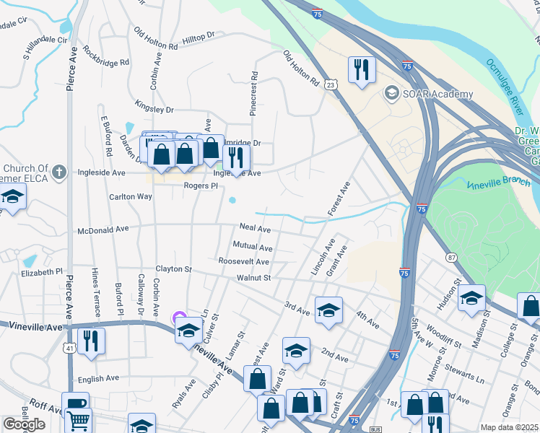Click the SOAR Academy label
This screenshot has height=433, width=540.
click(x=438, y=94)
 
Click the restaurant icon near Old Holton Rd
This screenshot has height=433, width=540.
click(x=360, y=70)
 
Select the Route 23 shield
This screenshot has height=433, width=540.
click(x=331, y=85)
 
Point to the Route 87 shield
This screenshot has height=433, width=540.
click(x=451, y=258)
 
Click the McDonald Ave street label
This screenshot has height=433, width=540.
click(x=103, y=229)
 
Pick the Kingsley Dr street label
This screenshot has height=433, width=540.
click(x=154, y=110)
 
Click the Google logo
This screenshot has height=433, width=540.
click(x=23, y=424)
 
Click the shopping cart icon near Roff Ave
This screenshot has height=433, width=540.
click(x=79, y=419)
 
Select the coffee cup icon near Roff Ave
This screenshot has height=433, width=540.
click(x=75, y=403)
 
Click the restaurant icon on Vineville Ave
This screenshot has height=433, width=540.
click(x=91, y=339)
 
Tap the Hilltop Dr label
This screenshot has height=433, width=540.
click(x=199, y=35)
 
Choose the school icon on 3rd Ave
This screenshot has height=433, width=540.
click(x=328, y=310)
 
